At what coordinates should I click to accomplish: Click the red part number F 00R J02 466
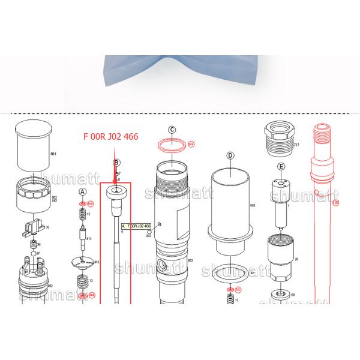point(110,137)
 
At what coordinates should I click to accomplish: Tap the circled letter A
point(83,191)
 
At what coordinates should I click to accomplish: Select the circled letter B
point(117,162)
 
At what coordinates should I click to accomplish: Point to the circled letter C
point(172,129)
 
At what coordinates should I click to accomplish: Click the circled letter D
point(230,155)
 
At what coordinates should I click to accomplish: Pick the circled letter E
point(280,166)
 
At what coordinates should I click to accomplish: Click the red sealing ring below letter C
point(171,145)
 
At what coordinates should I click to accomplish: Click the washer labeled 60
point(279,295)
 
